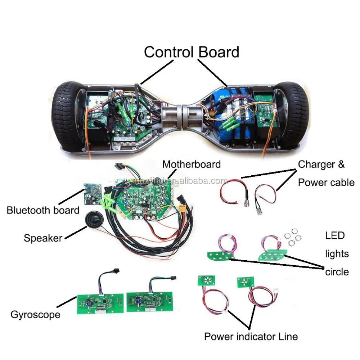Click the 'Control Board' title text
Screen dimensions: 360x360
pyautogui.click(x=192, y=52)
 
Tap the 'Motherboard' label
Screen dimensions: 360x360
pyautogui.click(x=192, y=165)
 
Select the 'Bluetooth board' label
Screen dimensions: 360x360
pyautogui.click(x=43, y=210)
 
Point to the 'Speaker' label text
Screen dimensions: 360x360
pyautogui.click(x=43, y=238)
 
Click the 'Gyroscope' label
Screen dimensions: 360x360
pyautogui.click(x=35, y=315)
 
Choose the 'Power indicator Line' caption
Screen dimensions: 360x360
pyautogui.click(x=251, y=337)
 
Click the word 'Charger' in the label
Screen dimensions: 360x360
pyautogui.click(x=316, y=165)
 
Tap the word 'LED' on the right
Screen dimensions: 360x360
pyautogui.click(x=335, y=235)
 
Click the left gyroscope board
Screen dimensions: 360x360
pyautogui.click(x=100, y=303)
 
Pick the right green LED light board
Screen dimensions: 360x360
pyautogui.click(x=273, y=255)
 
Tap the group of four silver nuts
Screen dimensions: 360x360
pyautogui.click(x=293, y=237)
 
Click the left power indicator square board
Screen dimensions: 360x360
pyautogui.click(x=206, y=280)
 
